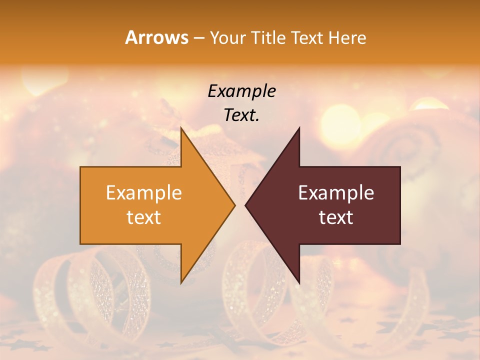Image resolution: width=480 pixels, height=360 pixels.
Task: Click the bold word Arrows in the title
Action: [156, 37]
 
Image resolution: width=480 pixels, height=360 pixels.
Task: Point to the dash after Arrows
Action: [198, 38]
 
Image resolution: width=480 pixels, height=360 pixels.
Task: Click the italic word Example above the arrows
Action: [241, 91]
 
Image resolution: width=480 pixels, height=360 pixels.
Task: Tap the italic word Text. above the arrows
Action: [241, 115]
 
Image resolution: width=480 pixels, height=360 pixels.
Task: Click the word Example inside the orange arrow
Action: [144, 193]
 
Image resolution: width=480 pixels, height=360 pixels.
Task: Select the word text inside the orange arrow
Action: [144, 217]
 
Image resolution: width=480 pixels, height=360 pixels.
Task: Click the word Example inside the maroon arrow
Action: [336, 193]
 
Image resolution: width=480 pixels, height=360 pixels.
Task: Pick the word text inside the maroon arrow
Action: [336, 217]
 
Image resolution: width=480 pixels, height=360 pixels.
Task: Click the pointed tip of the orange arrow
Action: [234, 205]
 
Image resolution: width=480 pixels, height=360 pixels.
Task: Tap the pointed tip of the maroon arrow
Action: [245, 205]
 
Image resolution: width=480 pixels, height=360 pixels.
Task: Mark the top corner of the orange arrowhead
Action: [181, 128]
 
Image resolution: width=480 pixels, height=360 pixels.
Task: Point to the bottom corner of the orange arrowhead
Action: [181, 283]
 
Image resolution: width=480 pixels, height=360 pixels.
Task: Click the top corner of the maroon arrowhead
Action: [299, 128]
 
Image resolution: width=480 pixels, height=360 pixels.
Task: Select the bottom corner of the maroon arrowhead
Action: [299, 283]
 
